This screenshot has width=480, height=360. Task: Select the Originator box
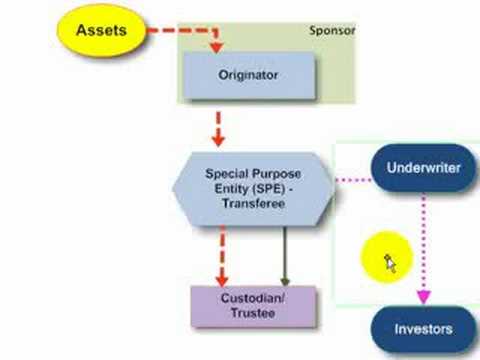247,73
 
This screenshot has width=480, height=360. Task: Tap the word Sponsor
330,31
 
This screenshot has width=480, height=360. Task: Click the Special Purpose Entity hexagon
253,187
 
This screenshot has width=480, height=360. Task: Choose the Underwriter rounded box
423,168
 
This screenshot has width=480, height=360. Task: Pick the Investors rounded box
422,329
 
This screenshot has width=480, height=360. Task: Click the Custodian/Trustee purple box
253,306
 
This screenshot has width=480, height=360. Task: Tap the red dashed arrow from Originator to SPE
219,127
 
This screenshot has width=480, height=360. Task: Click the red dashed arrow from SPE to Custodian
219,255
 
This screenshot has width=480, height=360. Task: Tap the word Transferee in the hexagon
254,203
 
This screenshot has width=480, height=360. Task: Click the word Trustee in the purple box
253,314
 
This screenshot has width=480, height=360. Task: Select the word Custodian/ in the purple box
253,298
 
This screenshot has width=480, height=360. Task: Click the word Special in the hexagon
227,172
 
